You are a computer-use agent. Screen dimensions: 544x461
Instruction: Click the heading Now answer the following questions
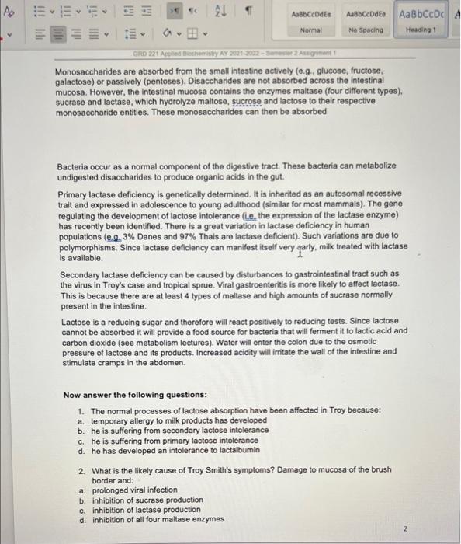(125, 395)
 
